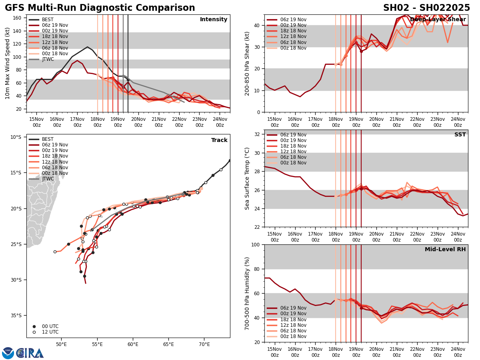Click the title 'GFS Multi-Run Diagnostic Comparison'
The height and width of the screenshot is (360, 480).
point(100,8)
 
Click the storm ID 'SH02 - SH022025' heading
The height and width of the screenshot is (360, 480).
point(426,8)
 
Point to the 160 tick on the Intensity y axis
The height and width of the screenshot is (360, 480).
point(18,18)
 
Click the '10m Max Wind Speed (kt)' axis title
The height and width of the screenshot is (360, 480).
point(7,63)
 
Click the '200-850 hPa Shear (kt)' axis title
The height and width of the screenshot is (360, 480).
point(247,63)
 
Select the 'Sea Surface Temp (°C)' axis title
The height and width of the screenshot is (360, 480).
point(247,178)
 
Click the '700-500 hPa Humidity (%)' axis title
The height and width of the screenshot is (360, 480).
point(247,293)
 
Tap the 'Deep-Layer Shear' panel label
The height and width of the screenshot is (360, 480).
point(438,20)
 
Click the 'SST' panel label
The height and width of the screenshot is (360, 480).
point(460,135)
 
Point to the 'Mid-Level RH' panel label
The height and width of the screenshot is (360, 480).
point(445,250)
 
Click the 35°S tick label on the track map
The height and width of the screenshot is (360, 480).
point(16,316)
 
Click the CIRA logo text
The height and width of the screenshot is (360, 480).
point(30,353)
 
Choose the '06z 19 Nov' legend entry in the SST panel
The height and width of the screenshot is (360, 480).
point(293,135)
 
